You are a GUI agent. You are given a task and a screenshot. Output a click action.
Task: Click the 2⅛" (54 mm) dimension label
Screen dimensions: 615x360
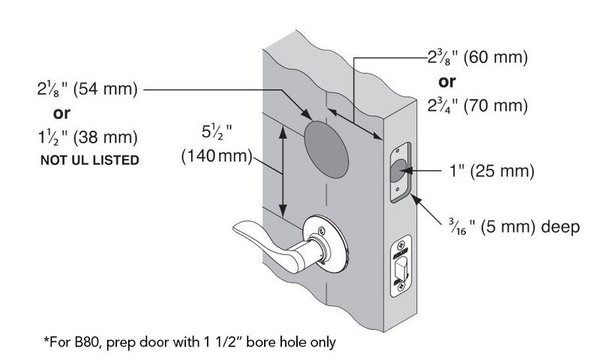coord(87,88)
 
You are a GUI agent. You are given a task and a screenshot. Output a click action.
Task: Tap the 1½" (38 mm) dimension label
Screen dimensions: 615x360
coord(88,137)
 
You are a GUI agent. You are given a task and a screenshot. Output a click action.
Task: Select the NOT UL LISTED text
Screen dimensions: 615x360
coord(90,160)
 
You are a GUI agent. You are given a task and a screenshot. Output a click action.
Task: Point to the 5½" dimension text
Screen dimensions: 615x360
coord(217,132)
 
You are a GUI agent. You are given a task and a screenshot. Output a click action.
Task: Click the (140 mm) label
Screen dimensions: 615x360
coord(217,156)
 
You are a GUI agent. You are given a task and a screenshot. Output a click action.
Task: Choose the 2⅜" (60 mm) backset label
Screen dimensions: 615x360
coord(477,57)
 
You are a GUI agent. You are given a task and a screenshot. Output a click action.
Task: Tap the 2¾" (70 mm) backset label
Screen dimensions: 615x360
coord(477,106)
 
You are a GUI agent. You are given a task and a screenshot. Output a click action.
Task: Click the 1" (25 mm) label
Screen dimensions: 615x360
coord(491,170)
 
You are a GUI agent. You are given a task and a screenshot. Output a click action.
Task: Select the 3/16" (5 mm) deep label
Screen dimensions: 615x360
coord(514,227)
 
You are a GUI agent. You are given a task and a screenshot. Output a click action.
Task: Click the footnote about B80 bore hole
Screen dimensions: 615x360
coord(190,342)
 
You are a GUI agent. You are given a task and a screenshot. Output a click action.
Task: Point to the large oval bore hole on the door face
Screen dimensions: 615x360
coord(326,149)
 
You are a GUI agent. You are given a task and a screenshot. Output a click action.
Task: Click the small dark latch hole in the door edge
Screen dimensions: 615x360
coord(397,171)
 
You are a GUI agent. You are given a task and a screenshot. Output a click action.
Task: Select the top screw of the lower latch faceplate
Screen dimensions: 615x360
coord(400,245)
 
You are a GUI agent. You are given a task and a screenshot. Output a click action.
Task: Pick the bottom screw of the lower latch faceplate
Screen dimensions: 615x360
coord(400,286)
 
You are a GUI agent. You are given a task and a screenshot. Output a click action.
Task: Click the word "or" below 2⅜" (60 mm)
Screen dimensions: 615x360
coord(447,82)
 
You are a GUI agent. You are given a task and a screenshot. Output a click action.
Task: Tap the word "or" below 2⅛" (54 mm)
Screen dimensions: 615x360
coord(61,113)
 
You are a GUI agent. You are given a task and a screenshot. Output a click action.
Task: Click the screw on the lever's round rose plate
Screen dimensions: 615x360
coord(322,230)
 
